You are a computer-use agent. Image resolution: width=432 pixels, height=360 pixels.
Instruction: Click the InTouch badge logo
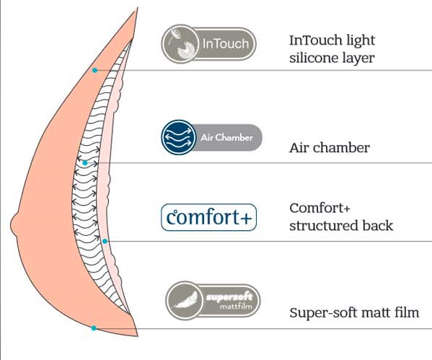[208, 44]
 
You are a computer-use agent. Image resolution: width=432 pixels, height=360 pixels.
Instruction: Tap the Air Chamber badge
[211, 137]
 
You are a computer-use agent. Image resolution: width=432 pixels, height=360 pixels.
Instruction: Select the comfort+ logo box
[209, 217]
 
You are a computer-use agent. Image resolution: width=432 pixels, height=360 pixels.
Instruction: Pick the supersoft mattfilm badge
[213, 300]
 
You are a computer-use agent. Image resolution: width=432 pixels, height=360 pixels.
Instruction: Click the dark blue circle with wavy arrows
[179, 137]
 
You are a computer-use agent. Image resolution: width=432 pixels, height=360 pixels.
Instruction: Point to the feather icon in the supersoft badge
[185, 300]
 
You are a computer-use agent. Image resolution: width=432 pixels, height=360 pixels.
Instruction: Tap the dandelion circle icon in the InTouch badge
[180, 44]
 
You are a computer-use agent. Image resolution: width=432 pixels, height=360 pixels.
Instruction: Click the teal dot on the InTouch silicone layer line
[94, 70]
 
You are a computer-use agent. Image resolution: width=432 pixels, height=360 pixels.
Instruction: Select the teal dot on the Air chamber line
[85, 163]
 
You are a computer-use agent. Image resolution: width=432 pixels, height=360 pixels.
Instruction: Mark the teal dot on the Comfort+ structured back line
[105, 241]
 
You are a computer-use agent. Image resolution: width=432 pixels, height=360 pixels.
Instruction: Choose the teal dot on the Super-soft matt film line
[94, 328]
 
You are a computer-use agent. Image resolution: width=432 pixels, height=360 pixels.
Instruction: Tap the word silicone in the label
[313, 58]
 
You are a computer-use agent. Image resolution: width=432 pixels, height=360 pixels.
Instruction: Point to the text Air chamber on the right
[330, 148]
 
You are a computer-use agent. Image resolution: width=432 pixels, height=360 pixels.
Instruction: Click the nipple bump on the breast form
[14, 225]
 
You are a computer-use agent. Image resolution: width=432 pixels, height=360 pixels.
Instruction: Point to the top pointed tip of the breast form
[137, 8]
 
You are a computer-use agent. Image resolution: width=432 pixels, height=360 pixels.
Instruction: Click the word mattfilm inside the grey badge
[236, 306]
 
